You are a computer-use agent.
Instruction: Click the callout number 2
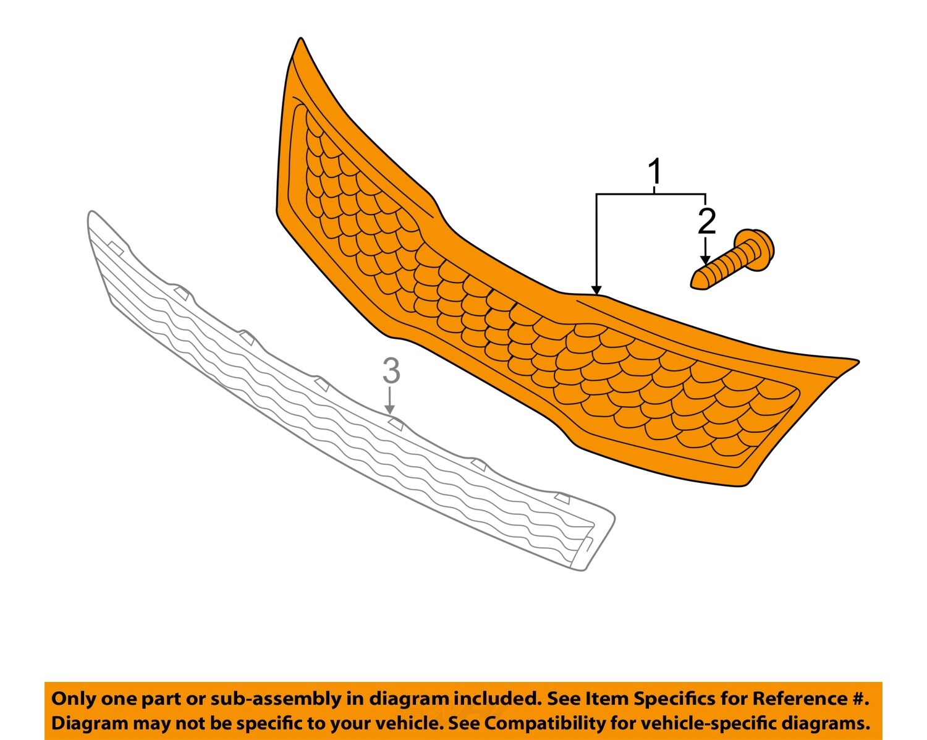(x=706, y=221)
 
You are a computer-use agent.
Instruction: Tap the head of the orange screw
(x=758, y=248)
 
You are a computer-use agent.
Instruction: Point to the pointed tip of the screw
(x=695, y=281)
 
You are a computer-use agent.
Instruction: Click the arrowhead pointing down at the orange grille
(x=596, y=289)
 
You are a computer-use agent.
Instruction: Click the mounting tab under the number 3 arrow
(x=396, y=423)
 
